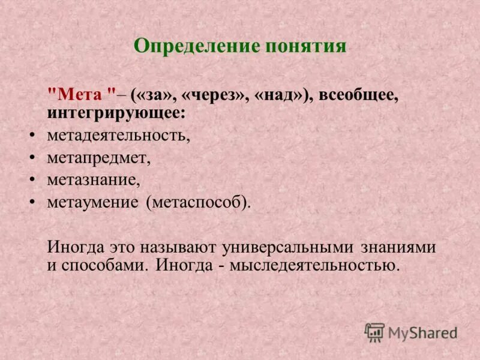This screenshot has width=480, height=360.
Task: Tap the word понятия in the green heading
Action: click(304, 46)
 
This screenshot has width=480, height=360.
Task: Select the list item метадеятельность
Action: click(118, 136)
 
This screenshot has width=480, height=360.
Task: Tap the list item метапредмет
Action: click(98, 158)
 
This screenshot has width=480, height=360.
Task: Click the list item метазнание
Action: click(93, 180)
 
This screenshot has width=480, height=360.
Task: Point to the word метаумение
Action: click(92, 202)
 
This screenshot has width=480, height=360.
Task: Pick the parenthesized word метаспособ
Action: click(197, 202)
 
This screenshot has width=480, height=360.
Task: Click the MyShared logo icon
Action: click(374, 332)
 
